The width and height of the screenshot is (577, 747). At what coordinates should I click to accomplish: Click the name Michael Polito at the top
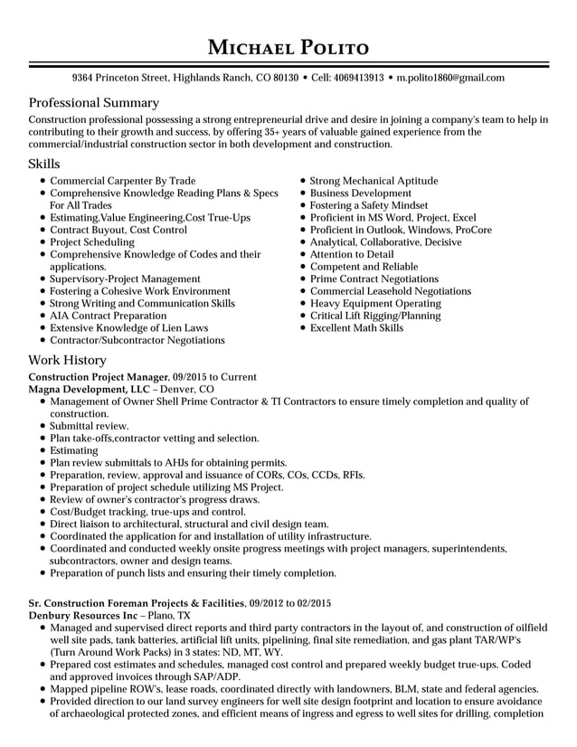tap(288, 46)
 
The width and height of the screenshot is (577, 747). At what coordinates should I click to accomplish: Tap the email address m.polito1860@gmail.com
tap(450, 79)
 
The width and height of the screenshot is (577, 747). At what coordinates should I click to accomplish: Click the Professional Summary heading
tap(94, 103)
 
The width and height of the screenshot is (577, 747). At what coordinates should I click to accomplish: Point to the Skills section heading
tap(44, 164)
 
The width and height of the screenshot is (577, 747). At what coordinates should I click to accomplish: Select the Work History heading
tap(68, 360)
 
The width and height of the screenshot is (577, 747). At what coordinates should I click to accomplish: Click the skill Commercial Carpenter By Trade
tap(122, 181)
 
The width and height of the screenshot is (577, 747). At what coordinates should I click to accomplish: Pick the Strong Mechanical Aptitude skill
tap(374, 181)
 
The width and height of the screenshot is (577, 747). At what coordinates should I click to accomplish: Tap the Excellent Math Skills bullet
tap(356, 328)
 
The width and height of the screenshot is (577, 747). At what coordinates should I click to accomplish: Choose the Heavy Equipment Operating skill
tap(375, 304)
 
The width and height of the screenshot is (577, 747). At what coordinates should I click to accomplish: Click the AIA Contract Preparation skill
tap(108, 316)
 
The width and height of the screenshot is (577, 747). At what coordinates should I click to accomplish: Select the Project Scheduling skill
tap(91, 242)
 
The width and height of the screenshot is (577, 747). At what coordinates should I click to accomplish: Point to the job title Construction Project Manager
tap(99, 377)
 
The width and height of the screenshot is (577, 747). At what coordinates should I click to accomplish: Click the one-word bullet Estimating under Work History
tap(74, 450)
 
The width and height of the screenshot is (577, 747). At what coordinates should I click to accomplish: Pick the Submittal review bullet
tap(89, 426)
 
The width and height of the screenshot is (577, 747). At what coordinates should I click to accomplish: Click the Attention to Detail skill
tap(352, 255)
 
